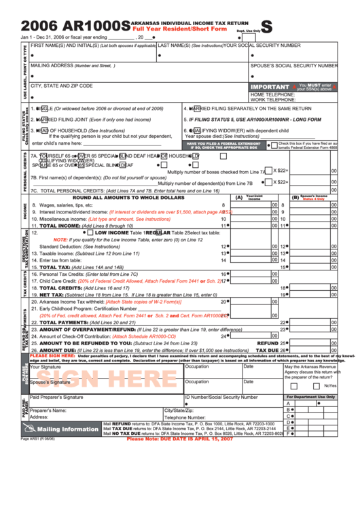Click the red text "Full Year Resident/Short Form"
(179, 29)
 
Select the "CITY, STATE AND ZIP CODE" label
(62, 86)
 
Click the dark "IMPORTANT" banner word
(270, 88)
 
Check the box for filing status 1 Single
(40, 109)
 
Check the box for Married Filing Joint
(40, 119)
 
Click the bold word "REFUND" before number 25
(267, 343)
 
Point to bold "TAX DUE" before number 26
(266, 350)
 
